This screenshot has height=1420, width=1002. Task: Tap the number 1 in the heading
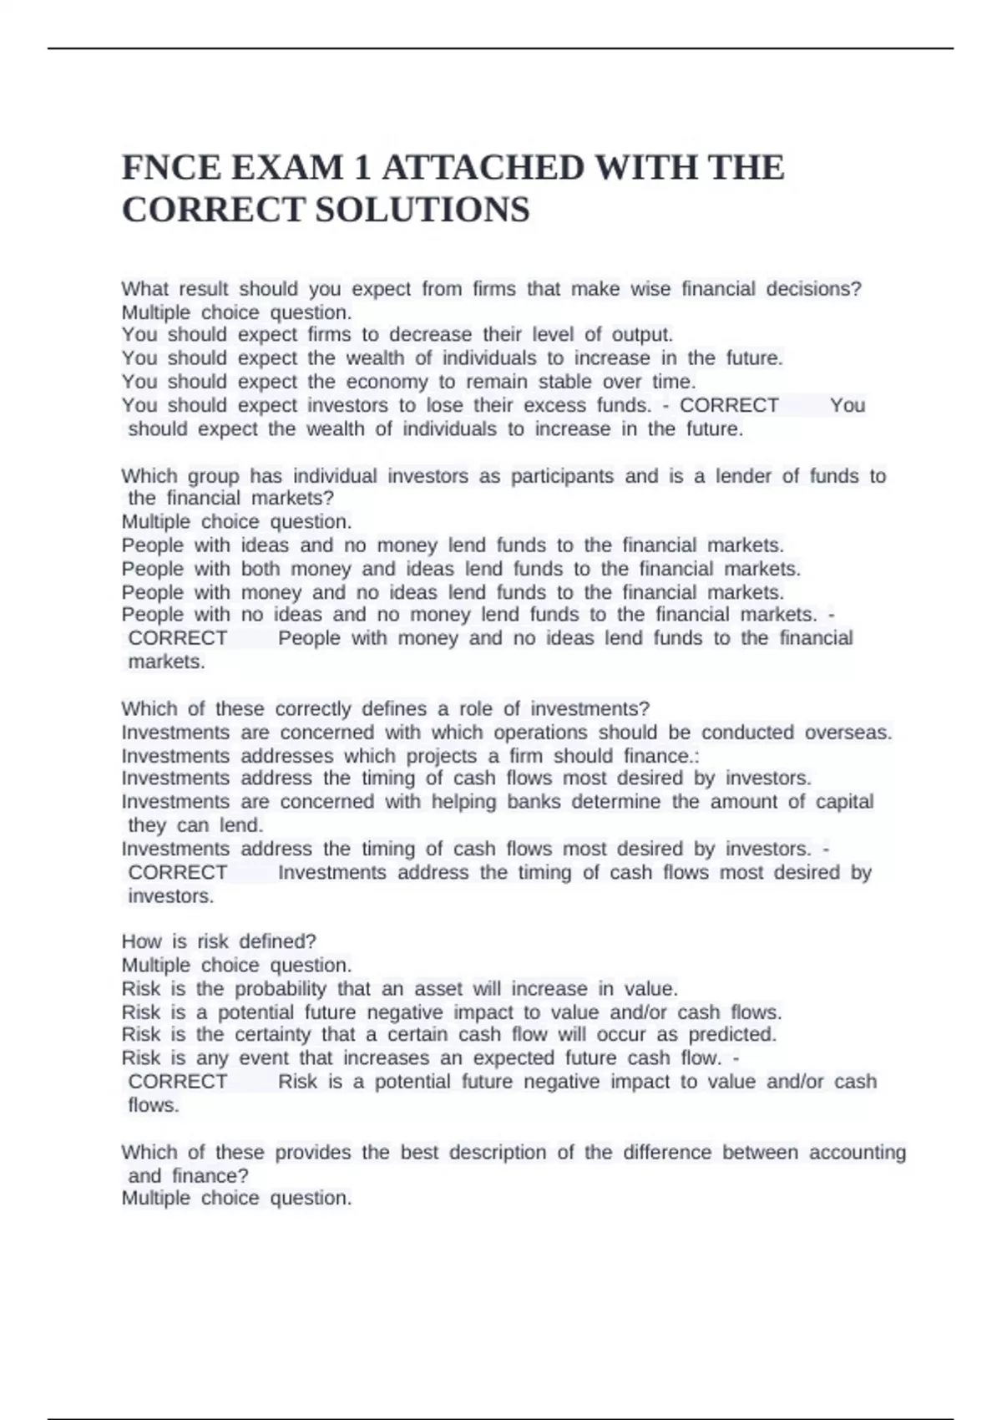(x=362, y=168)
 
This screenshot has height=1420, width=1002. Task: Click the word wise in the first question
(x=650, y=289)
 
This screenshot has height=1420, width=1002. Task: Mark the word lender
(x=743, y=476)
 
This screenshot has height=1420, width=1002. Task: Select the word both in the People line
(x=261, y=569)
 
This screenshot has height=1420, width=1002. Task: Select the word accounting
(x=857, y=1153)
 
